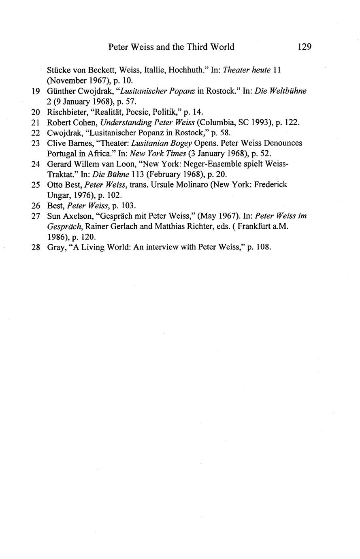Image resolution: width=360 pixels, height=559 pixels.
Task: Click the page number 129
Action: click(x=304, y=47)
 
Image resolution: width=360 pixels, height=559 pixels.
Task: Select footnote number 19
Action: click(x=35, y=91)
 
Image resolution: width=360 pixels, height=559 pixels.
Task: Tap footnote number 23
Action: click(x=35, y=143)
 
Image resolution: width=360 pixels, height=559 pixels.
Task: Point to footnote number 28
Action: click(x=35, y=247)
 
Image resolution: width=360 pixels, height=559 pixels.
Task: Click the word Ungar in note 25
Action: click(x=58, y=195)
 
